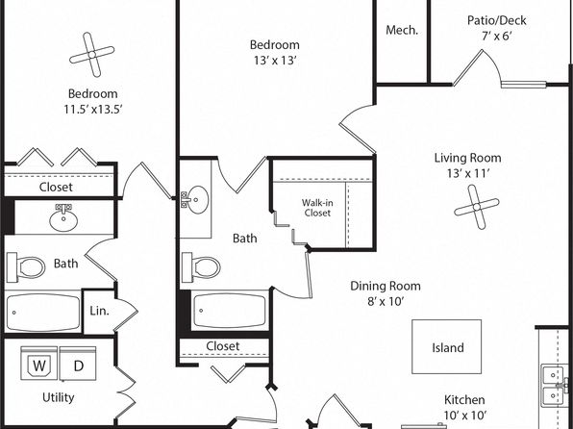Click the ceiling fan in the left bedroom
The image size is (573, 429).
pos(92,55)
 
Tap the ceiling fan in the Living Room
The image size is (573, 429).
pos(477,207)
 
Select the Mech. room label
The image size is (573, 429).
pos(402,30)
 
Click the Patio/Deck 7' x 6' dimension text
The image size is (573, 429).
pos(496,37)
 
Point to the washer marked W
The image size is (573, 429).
pos(39,364)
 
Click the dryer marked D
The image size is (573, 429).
pos(78,364)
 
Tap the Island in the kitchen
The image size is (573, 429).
pos(446,346)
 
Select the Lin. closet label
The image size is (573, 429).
pos(99,311)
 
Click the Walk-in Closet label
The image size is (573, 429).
pos(317,208)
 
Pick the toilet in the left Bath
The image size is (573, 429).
pos(26,267)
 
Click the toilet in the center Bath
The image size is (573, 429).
pos(201,267)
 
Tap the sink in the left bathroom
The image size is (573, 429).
pos(63,217)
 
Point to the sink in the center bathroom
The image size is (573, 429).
pos(195,200)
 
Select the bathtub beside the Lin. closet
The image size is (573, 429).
pos(43,313)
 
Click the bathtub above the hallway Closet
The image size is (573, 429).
pos(230,311)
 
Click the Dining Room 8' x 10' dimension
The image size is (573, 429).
pos(386,301)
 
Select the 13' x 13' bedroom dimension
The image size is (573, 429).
pos(275,61)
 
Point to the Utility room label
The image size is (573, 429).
pos(59,397)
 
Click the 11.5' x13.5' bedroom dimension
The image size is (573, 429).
pos(93,109)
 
